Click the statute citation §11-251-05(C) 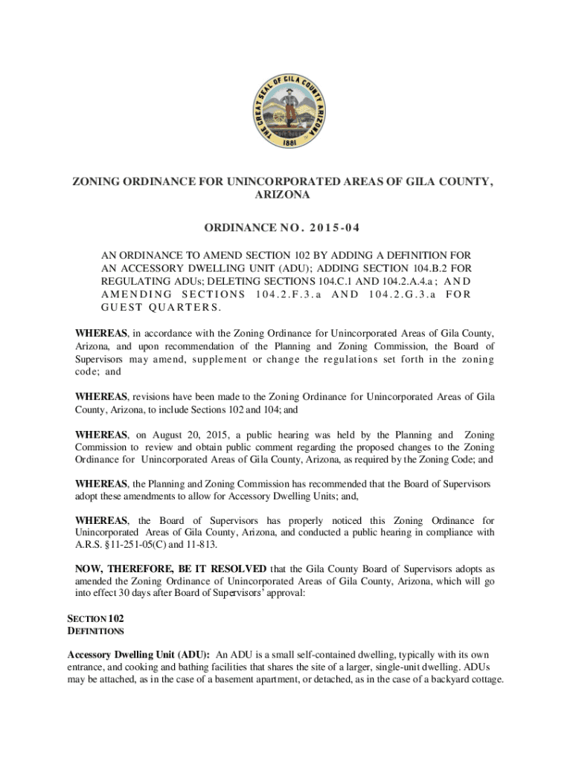coord(141,544)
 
